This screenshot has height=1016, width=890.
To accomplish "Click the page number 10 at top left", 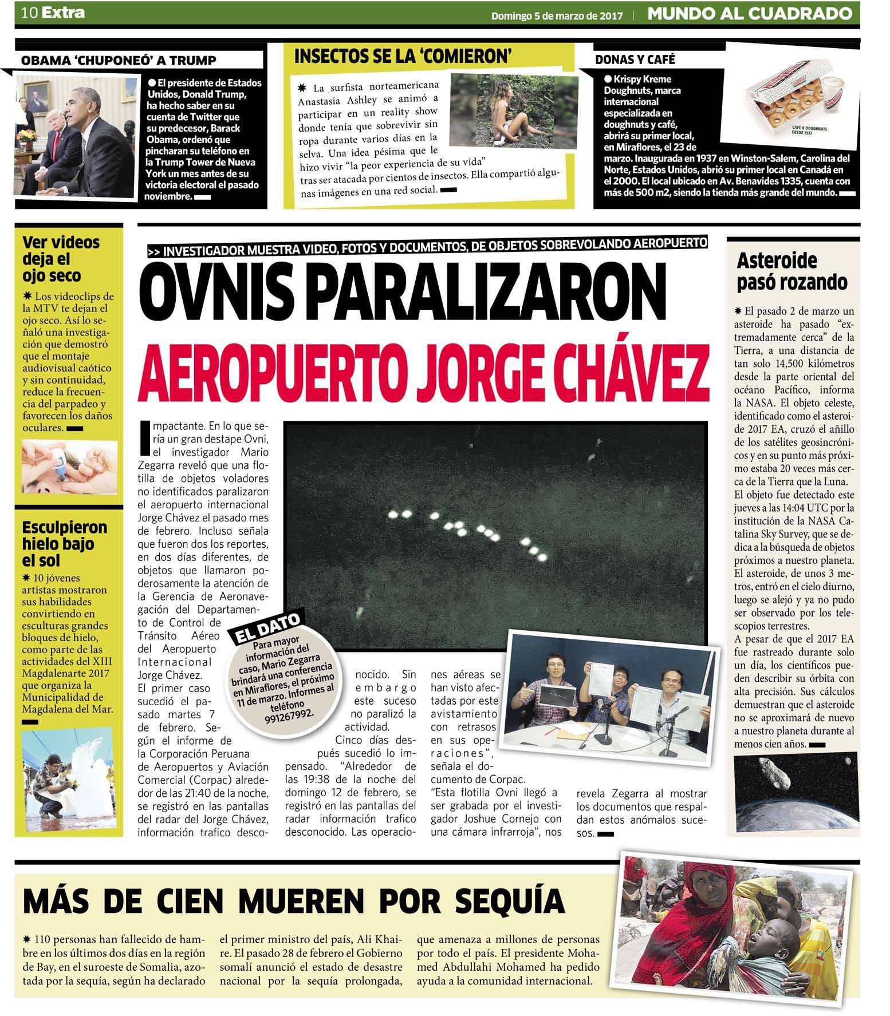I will [x=30, y=13].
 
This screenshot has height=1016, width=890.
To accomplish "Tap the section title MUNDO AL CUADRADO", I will [x=749, y=14].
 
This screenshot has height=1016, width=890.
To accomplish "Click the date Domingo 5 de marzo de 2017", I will [x=557, y=16].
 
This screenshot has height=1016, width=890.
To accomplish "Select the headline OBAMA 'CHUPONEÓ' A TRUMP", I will [x=119, y=61].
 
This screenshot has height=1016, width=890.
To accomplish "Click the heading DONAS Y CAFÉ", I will [x=635, y=60].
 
